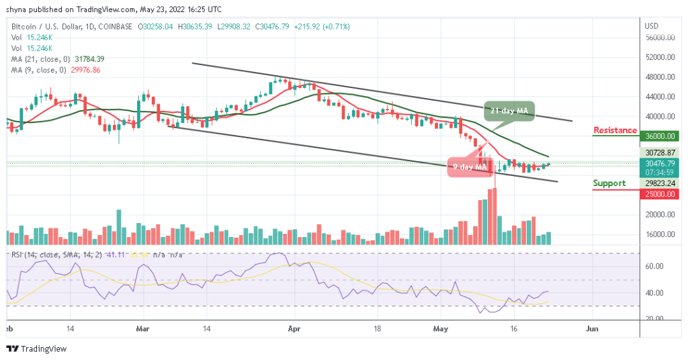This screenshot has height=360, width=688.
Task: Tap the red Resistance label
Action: coord(615,130)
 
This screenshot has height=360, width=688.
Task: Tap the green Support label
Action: coord(609,183)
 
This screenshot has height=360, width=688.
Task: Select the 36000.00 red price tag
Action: coord(660,136)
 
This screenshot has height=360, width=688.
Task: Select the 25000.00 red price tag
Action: coord(660,194)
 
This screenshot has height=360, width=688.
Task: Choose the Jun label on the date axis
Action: coord(591,330)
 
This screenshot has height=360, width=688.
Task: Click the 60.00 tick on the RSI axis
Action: coord(655,266)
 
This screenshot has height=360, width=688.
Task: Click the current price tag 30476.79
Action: coord(660,163)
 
